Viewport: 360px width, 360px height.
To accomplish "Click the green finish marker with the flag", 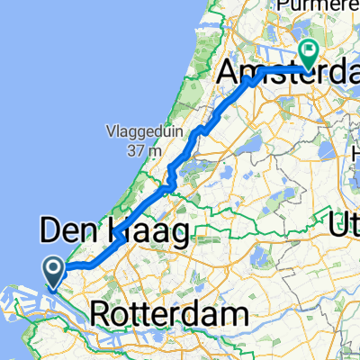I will (x=308, y=54).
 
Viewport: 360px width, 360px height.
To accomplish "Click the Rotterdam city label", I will (x=169, y=315).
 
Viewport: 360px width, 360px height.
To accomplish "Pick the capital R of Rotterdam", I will (x=103, y=315).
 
